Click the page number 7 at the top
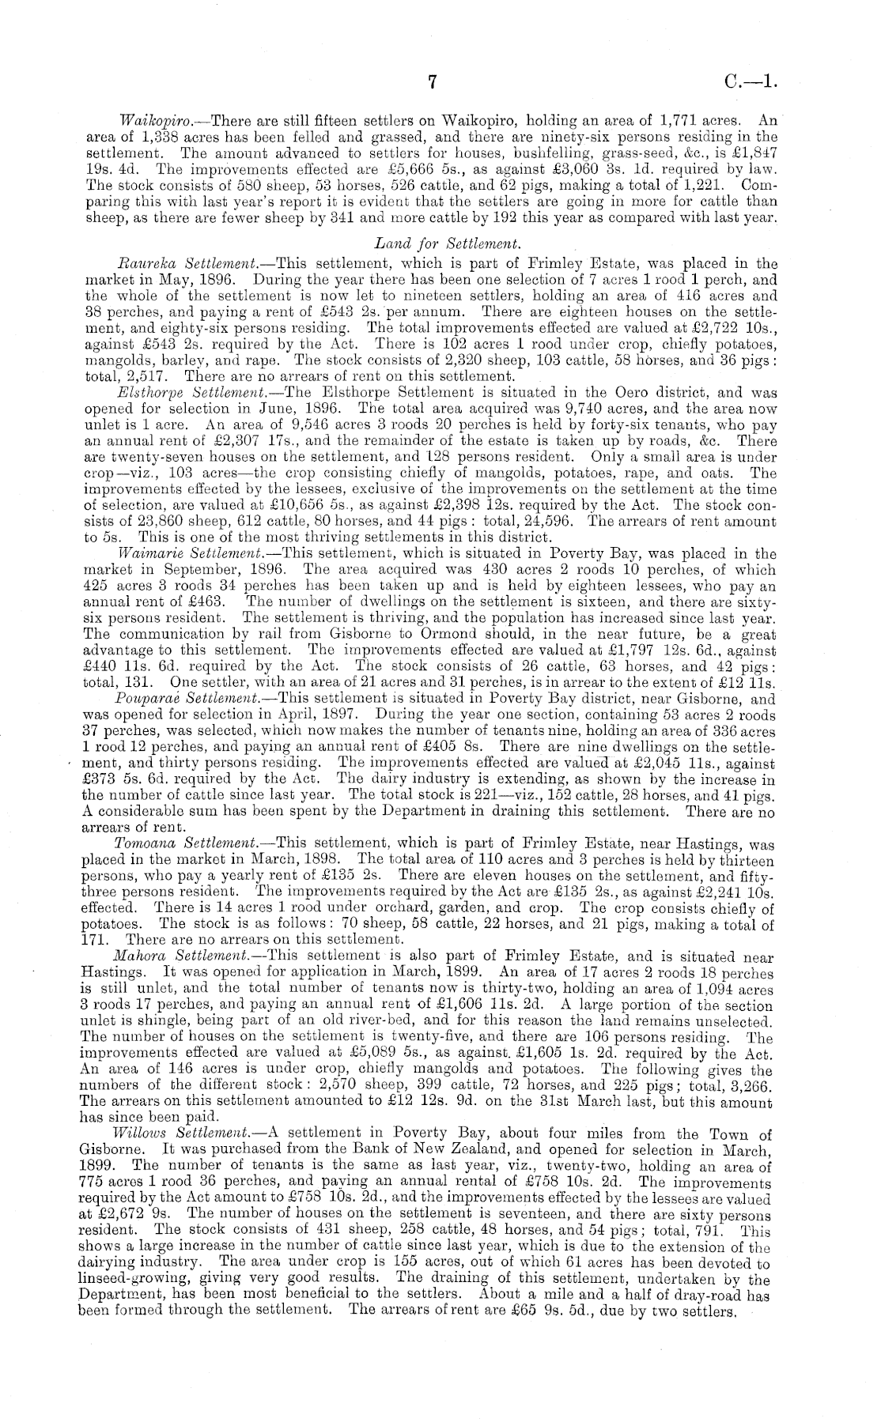(432, 81)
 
